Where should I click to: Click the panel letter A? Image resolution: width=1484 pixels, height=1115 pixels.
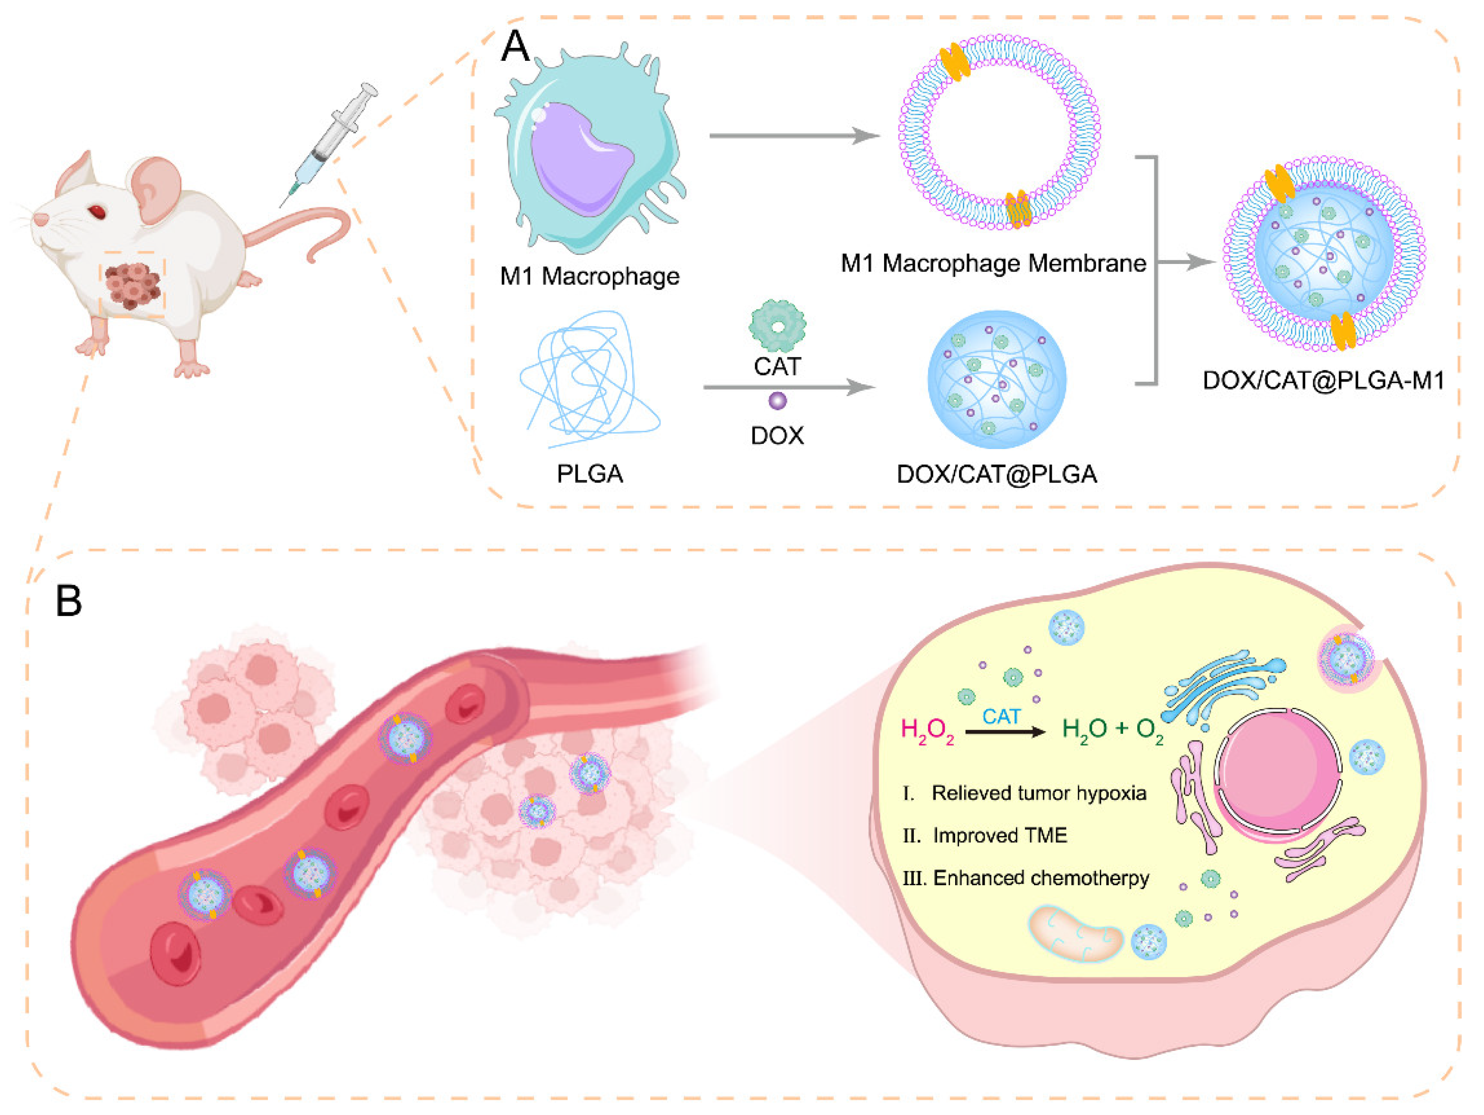[x=515, y=47]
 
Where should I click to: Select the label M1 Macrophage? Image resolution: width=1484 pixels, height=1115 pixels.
[x=590, y=276]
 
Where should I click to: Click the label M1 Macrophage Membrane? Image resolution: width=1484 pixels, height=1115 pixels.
[x=993, y=263]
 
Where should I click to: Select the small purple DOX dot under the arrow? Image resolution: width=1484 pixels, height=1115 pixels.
[x=777, y=401]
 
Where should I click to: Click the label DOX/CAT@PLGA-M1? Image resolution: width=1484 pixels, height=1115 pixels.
[x=1323, y=381]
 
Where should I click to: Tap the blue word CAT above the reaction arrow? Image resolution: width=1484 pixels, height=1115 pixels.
[x=1001, y=717]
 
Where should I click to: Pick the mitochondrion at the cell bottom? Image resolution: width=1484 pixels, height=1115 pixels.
[x=1076, y=933]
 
